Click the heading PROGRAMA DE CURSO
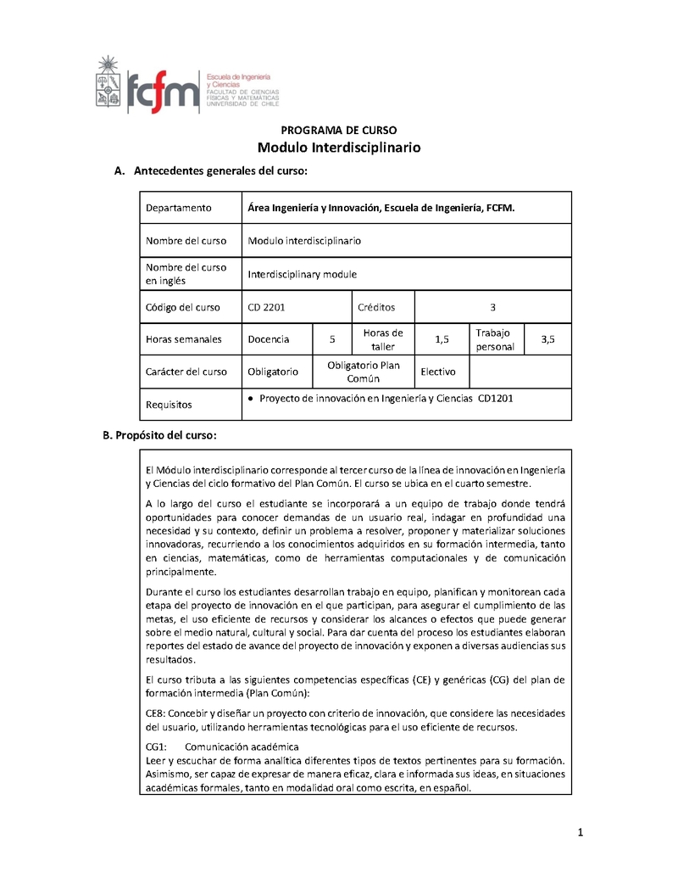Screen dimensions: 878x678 pos(338,130)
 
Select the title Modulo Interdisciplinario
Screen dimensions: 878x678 pos(338,148)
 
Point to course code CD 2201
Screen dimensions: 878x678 pos(266,307)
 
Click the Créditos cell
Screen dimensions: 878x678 pos(375,307)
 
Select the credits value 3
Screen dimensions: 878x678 pos(492,307)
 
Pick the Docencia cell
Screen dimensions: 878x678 pos(268,339)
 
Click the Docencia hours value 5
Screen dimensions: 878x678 pos(333,339)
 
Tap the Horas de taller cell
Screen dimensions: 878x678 pos(382,339)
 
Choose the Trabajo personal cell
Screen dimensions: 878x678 pos(494,339)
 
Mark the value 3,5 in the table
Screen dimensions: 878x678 pos(547,339)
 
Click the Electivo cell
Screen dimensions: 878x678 pos(438,372)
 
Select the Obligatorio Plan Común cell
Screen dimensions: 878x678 pos(363,372)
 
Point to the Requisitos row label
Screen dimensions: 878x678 pos(169,405)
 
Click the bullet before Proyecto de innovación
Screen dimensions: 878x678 pos(252,397)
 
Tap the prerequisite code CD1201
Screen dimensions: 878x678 pos(496,397)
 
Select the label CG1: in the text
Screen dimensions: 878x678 pos(155,747)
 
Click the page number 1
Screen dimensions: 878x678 pos(581,832)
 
